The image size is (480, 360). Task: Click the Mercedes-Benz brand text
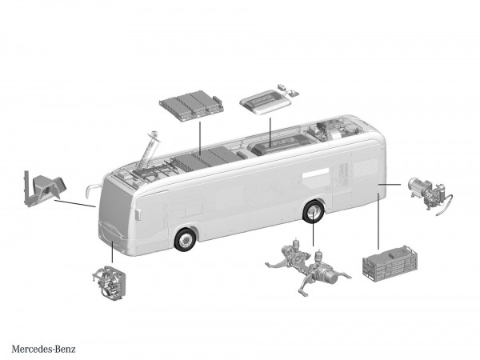tap(43, 349)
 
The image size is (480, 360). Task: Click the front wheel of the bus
tap(185, 239)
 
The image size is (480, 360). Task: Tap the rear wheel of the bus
tap(314, 212)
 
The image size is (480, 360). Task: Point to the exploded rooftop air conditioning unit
tap(265, 102)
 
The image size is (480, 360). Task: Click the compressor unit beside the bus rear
tap(430, 194)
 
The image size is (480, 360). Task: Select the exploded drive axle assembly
tap(308, 266)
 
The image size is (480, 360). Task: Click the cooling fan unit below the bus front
tap(108, 283)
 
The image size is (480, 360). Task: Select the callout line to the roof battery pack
tap(199, 138)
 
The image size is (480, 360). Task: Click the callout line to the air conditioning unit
tap(270, 132)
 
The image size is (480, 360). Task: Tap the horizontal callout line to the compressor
tap(390, 184)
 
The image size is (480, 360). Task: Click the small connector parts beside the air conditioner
tap(288, 90)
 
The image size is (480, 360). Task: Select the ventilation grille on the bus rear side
tap(366, 168)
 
